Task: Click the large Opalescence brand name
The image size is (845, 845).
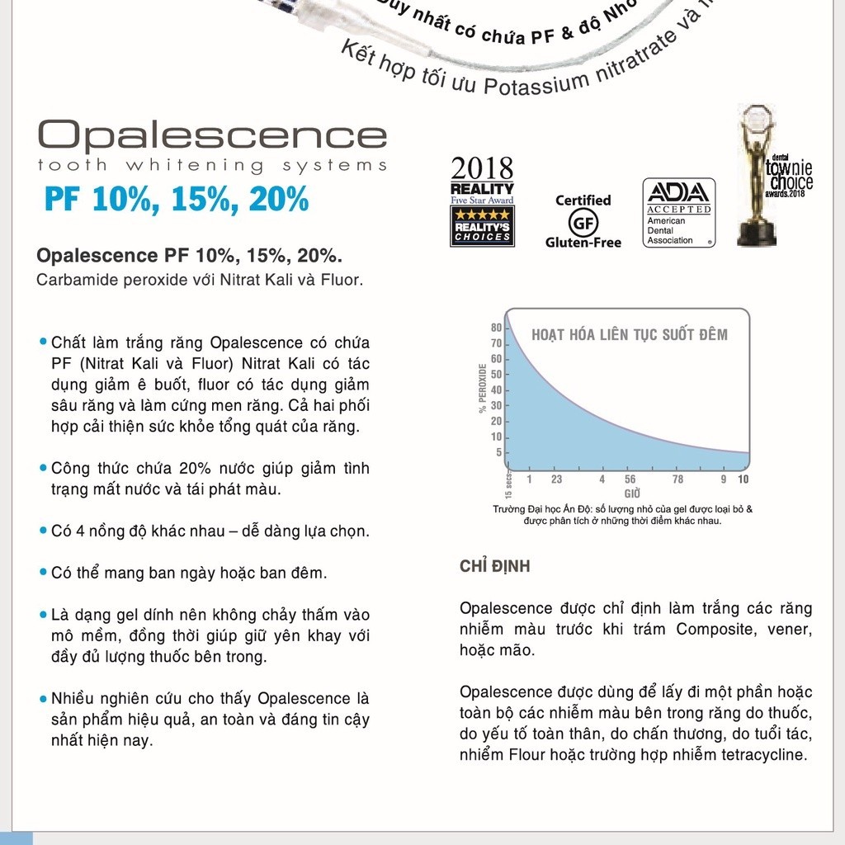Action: point(212,134)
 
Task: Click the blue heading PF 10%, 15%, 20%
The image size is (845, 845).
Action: point(177,200)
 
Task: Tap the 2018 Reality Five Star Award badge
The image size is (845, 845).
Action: point(482,202)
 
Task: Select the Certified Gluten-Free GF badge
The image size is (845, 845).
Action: point(583,221)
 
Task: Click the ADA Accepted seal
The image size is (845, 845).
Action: point(678,213)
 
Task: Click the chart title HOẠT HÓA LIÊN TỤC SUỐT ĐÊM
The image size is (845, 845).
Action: point(630,334)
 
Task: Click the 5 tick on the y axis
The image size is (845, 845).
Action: point(498,452)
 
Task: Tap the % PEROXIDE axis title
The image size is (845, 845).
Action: point(482,388)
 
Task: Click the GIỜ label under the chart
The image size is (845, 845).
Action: point(632,493)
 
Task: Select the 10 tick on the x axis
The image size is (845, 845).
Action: point(743,479)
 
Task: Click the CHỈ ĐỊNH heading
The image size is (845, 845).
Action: point(495,567)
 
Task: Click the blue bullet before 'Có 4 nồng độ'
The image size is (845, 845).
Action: point(43,531)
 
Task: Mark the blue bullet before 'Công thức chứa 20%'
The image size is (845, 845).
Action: point(43,468)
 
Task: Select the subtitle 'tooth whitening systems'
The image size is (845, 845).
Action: point(212,165)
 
